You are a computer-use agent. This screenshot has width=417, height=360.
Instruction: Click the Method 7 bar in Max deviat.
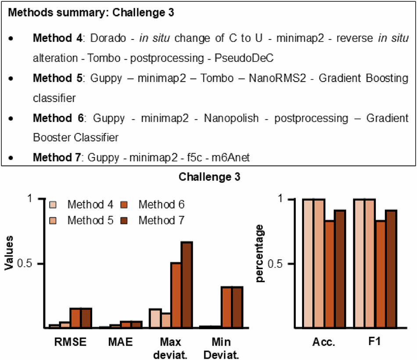pos(187,285)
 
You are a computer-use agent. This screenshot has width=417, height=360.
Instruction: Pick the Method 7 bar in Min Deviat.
pos(237,307)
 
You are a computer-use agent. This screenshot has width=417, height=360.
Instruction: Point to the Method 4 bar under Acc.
pos(309,263)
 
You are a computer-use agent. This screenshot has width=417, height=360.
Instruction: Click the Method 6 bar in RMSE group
pos(76,318)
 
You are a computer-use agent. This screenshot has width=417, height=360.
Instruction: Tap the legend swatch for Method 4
pos(54,205)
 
